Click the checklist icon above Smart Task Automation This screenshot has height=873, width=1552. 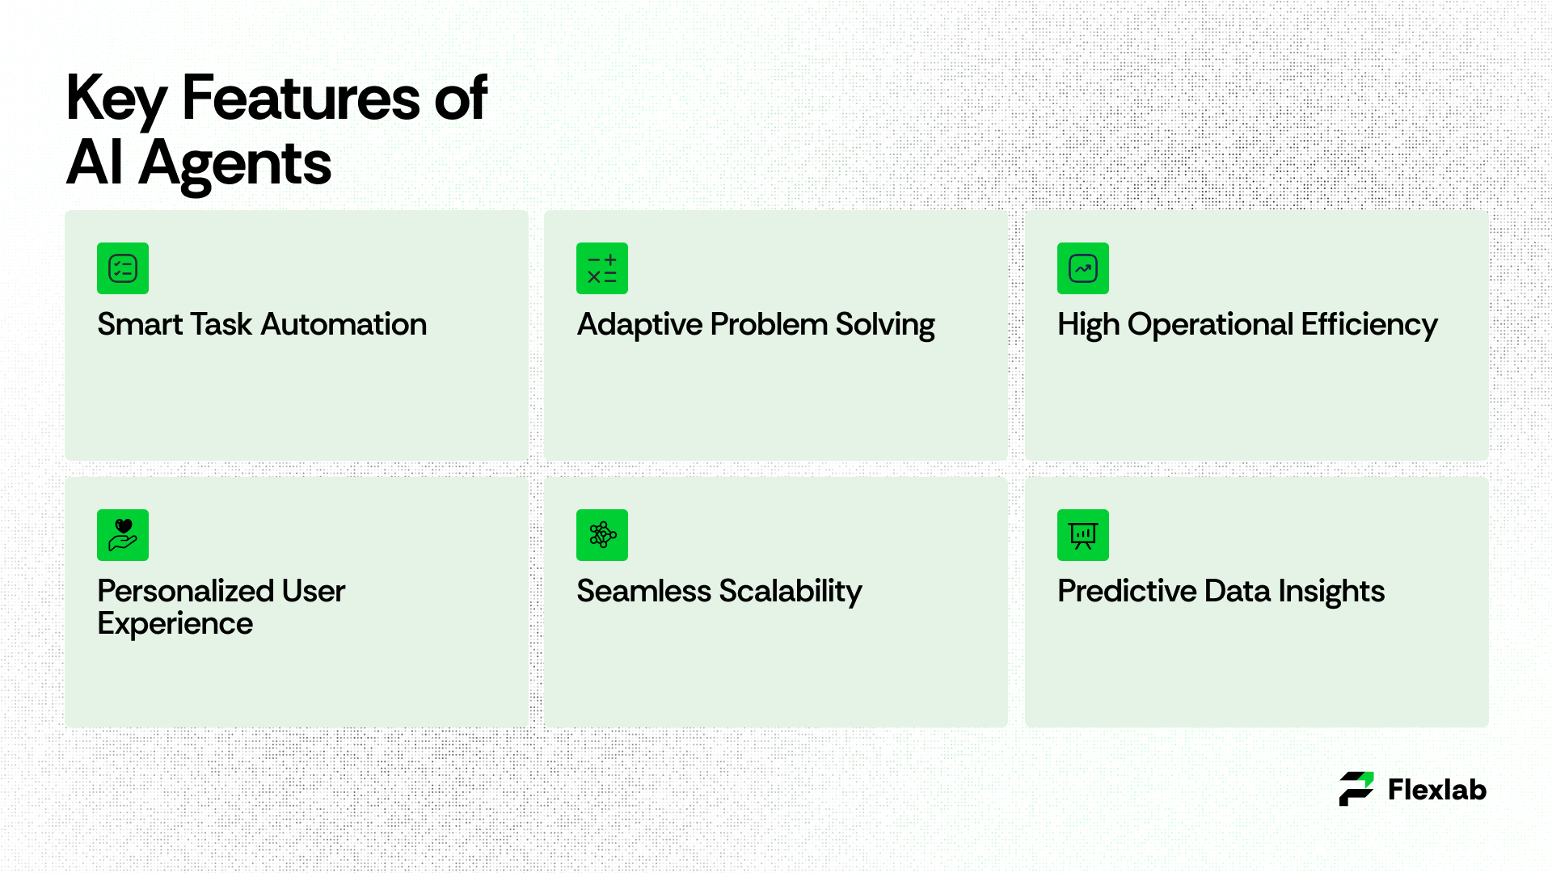[123, 268]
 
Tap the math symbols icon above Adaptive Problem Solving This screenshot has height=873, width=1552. [602, 268]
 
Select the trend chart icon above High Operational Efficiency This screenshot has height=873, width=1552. [1083, 268]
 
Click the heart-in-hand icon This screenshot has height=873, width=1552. [123, 535]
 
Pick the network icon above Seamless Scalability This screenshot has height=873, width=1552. [602, 535]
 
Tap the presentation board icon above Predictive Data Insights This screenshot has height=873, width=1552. [1083, 535]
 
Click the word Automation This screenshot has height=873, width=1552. [344, 324]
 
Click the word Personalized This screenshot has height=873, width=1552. [186, 591]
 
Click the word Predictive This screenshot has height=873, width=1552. [1127, 591]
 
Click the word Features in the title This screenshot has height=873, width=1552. [302, 98]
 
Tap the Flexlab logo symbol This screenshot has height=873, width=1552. [1356, 789]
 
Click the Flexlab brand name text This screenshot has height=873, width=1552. [1437, 790]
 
